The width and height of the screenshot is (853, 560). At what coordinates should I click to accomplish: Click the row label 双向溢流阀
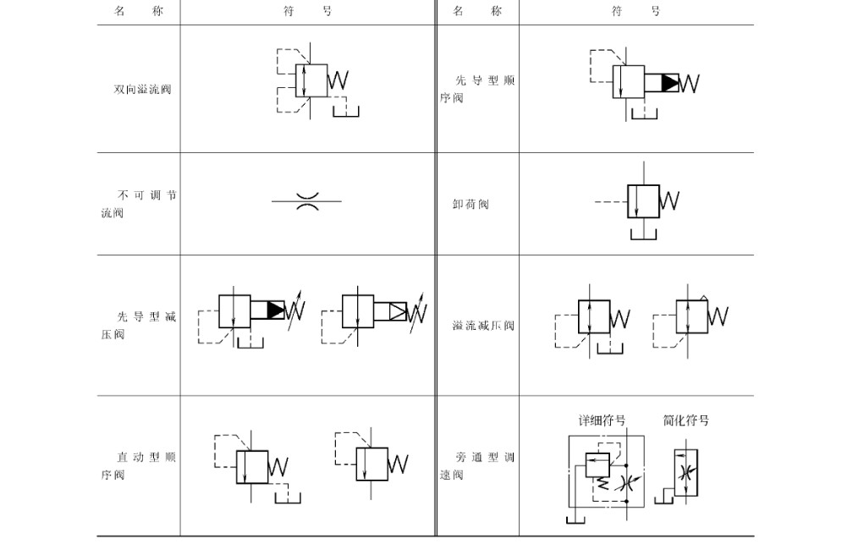142,89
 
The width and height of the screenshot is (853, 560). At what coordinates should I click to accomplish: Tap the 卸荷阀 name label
471,204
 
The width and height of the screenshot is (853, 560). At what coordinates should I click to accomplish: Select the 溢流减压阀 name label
483,325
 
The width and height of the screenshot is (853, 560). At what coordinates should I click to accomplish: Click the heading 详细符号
602,420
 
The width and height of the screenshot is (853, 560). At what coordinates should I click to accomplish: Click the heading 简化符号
686,420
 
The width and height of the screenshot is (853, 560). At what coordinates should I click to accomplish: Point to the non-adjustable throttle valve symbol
307,201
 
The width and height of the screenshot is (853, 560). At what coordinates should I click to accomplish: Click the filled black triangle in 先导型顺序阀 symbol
669,83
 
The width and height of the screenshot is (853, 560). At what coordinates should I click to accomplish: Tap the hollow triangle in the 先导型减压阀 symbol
398,311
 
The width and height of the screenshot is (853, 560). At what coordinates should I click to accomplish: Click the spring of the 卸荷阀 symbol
669,200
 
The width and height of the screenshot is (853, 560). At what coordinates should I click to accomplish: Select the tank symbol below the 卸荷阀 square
643,234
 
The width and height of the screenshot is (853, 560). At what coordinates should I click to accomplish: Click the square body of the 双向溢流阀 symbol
311,80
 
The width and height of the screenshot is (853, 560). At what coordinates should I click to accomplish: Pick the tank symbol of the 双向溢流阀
346,112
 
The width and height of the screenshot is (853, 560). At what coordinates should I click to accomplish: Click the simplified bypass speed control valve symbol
685,473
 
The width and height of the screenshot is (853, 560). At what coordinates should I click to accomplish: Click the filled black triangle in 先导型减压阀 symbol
276,310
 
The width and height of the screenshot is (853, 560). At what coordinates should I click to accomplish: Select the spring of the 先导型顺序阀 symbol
689,83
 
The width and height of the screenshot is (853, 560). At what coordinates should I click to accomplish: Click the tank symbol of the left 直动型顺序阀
288,498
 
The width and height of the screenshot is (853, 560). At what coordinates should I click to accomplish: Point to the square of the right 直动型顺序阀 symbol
372,464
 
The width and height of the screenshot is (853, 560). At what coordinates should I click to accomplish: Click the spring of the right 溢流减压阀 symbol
718,316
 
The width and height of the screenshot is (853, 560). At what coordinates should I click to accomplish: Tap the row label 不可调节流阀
140,203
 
